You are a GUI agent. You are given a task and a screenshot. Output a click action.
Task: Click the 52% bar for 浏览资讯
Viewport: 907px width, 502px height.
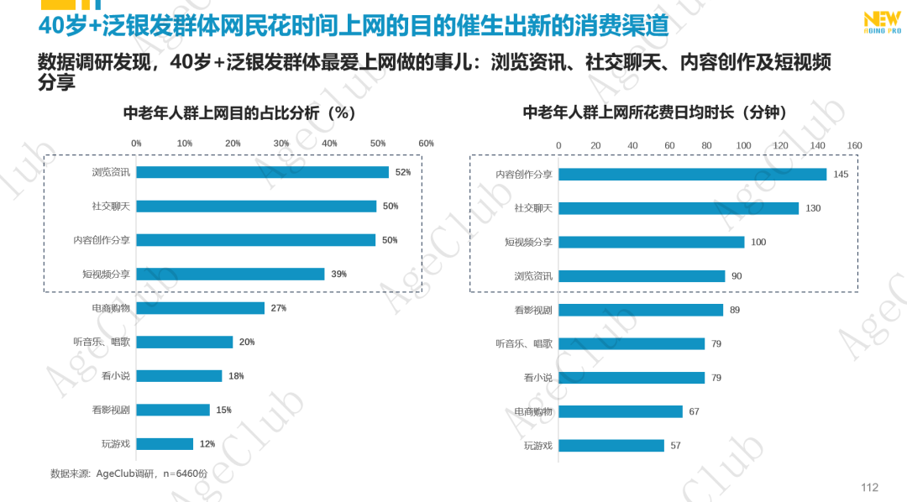click(262, 172)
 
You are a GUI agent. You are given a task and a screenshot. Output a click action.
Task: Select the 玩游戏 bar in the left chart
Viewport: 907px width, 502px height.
click(165, 444)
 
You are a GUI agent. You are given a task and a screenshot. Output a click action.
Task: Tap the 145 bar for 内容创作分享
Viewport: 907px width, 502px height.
click(692, 175)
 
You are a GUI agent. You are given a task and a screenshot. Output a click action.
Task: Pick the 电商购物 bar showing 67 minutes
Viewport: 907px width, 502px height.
click(620, 411)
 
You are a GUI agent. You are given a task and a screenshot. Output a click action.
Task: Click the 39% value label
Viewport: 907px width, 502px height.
click(338, 274)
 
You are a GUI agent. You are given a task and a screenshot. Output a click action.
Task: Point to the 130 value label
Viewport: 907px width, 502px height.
click(813, 208)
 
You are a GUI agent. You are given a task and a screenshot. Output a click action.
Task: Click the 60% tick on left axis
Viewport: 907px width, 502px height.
click(426, 144)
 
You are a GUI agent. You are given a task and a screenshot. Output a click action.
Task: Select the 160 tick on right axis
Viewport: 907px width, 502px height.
click(855, 145)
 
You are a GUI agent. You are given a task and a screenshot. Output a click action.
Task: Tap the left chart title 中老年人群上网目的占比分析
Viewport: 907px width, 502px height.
click(240, 112)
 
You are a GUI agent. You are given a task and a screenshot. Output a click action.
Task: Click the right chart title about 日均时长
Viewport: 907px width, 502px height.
click(660, 112)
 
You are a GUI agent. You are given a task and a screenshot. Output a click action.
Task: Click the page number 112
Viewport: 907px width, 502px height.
click(869, 488)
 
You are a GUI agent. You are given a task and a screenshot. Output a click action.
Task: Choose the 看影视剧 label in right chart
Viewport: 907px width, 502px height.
click(533, 310)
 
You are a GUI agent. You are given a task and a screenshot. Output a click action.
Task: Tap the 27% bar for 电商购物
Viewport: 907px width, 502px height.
click(200, 308)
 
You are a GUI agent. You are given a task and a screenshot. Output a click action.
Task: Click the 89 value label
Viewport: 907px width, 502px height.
click(735, 310)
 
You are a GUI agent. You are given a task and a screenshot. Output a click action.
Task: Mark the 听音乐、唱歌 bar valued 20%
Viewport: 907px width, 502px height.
click(184, 342)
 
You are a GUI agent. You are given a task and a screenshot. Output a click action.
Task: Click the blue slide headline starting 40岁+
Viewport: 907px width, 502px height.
click(354, 25)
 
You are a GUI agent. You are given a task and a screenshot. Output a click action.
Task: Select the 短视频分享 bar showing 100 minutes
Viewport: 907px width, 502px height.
click(651, 242)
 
